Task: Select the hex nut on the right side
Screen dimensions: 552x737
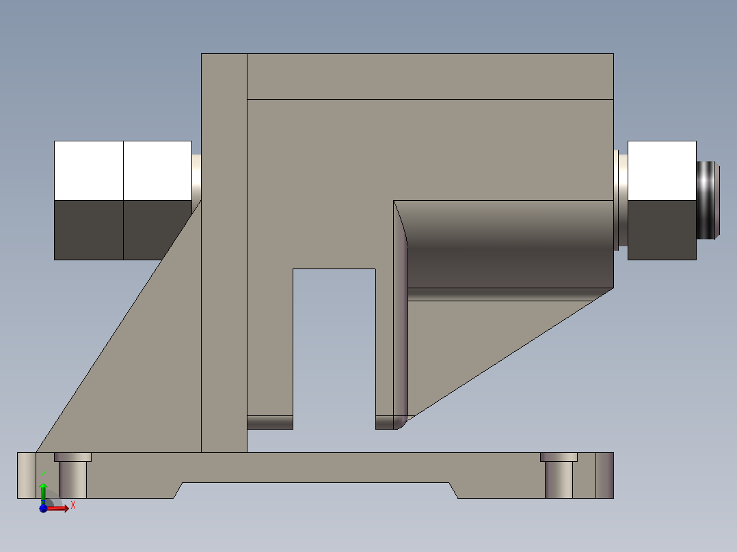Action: (661, 200)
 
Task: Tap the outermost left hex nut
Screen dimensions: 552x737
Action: (88, 200)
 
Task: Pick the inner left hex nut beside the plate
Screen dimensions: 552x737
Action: (157, 200)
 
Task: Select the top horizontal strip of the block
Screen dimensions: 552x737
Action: (429, 76)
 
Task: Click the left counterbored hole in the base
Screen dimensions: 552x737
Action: (72, 475)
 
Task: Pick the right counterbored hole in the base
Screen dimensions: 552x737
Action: (559, 475)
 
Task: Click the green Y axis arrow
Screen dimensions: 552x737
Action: (42, 489)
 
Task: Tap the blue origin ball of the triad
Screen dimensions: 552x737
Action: (42, 508)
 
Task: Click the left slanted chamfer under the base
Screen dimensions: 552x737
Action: (178, 491)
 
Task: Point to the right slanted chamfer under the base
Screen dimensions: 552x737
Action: (453, 491)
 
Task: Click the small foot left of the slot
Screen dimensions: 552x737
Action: (269, 423)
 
